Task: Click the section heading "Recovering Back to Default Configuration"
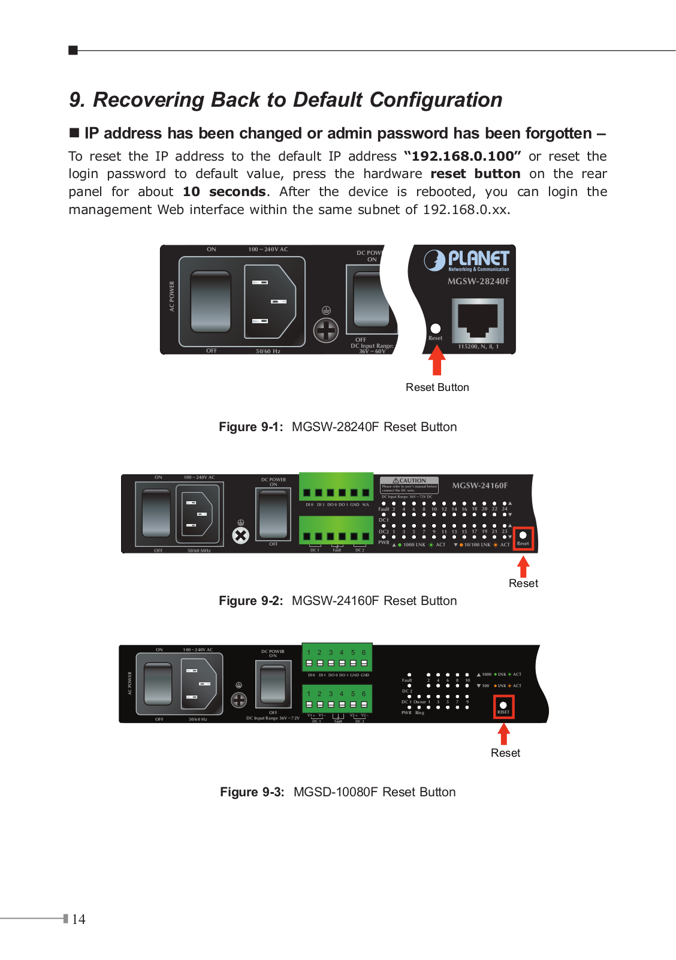tap(297, 100)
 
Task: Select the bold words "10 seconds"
tap(224, 192)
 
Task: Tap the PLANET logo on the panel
tap(467, 260)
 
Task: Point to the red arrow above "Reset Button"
tap(437, 361)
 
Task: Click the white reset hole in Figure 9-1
tap(436, 329)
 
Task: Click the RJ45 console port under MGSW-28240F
tap(478, 321)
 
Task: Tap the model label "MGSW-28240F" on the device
tap(478, 281)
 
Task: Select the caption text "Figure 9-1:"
tap(251, 427)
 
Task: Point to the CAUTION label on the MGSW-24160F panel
tap(409, 481)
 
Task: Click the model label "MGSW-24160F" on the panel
tap(479, 486)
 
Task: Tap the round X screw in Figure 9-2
tap(240, 535)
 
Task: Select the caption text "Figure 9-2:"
tap(251, 601)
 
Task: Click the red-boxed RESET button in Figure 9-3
tap(503, 706)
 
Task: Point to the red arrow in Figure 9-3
tap(504, 734)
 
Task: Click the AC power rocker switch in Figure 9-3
tap(158, 683)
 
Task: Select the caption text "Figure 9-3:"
tap(252, 792)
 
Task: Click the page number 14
tap(79, 919)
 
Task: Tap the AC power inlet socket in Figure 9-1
tap(270, 302)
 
